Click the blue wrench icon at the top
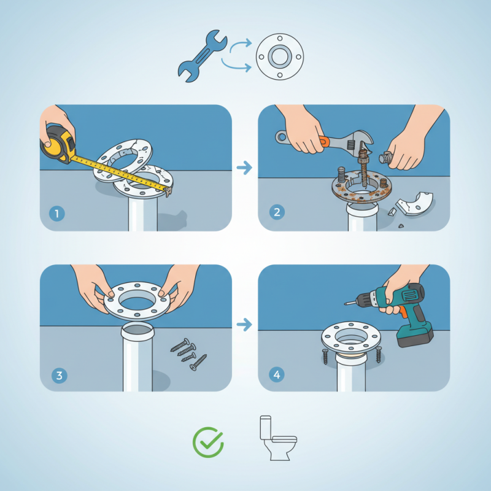(202, 56)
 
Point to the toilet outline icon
(278, 438)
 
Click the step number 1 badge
(57, 214)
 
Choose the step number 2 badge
(277, 212)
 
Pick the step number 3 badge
(59, 376)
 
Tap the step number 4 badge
(277, 374)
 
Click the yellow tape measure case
(58, 144)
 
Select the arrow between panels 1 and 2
(244, 168)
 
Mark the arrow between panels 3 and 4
(244, 325)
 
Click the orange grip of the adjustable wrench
(325, 141)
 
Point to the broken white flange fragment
(415, 204)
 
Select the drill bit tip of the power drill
(346, 303)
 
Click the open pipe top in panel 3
(137, 330)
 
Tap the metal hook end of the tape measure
(168, 191)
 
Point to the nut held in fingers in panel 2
(385, 158)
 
